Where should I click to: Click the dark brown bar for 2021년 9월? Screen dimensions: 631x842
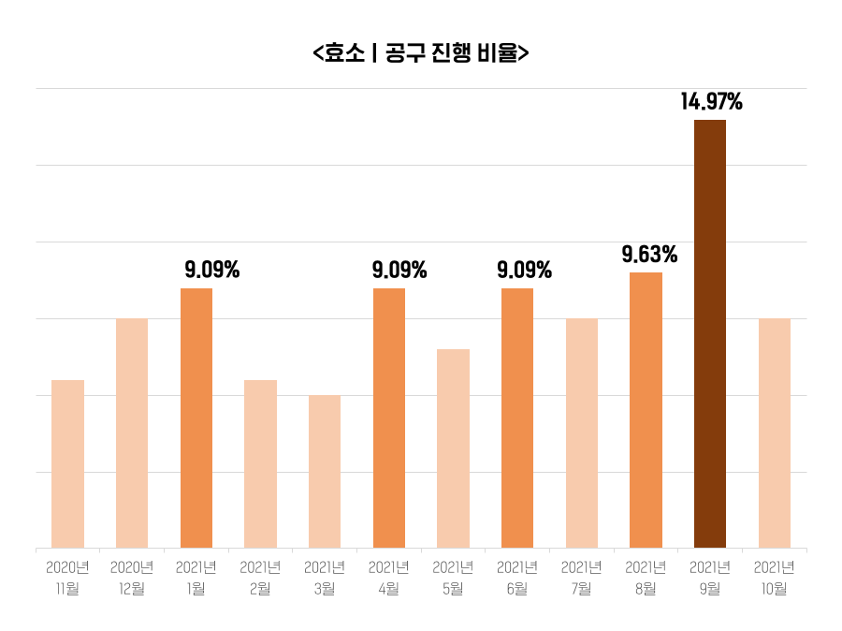point(710,333)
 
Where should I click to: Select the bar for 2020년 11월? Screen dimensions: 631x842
point(67,463)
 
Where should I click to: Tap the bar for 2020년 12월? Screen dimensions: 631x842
point(132,433)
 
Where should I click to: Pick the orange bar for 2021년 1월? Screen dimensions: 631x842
point(196,418)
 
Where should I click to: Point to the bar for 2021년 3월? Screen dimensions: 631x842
point(325,471)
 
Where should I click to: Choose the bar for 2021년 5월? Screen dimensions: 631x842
point(453,448)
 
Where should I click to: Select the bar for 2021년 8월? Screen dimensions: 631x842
point(646,410)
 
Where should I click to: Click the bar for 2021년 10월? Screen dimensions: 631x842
point(775,433)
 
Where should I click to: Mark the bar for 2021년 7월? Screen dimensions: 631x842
point(582,433)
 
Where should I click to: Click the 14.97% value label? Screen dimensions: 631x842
point(711,102)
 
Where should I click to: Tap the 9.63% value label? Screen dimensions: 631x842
point(649,255)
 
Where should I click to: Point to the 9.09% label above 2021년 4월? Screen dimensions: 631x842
point(399,271)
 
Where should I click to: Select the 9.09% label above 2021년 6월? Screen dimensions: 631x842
point(524,271)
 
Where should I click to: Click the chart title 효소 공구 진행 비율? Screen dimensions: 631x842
point(421,52)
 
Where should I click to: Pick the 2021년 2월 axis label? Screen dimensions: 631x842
point(260,578)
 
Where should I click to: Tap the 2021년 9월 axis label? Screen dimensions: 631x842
point(710,578)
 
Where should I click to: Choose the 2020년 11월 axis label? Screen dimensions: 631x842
point(67,578)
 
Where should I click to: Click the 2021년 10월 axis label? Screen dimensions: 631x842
point(775,578)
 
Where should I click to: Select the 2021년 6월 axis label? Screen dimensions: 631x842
point(517,578)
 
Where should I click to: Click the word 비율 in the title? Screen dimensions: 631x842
point(496,52)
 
